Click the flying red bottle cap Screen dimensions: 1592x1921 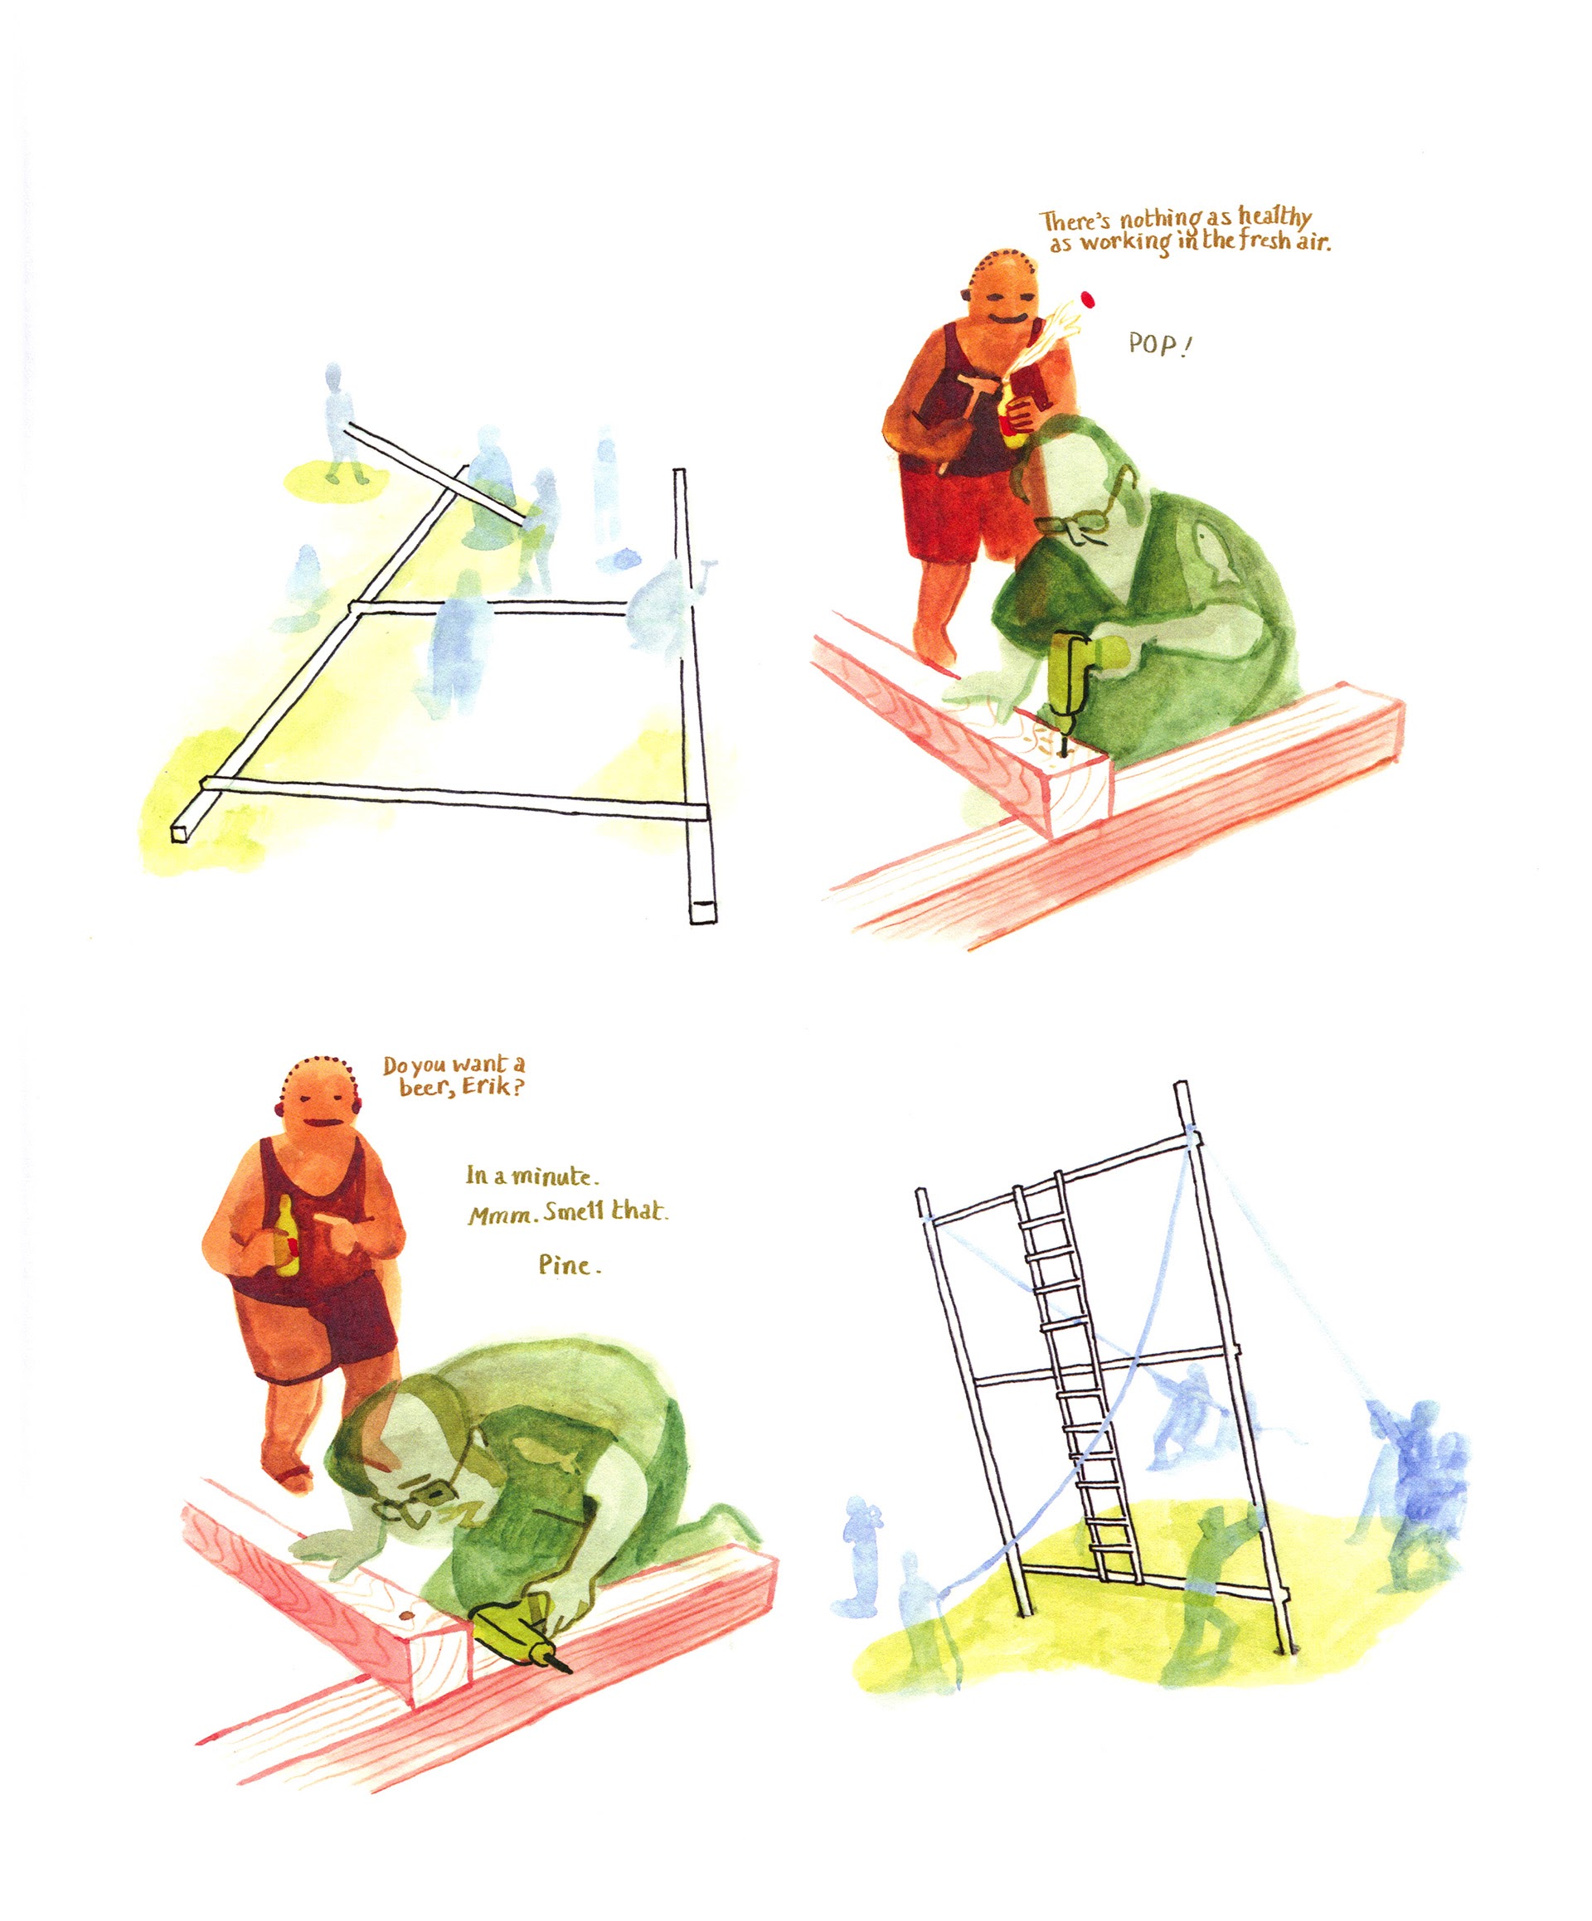tap(1088, 298)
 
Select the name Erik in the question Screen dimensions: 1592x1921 tap(495, 1089)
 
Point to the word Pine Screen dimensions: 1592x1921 tap(569, 1265)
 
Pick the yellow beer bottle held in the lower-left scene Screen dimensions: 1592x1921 tap(286, 1236)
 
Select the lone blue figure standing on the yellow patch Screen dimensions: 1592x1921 tap(337, 423)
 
